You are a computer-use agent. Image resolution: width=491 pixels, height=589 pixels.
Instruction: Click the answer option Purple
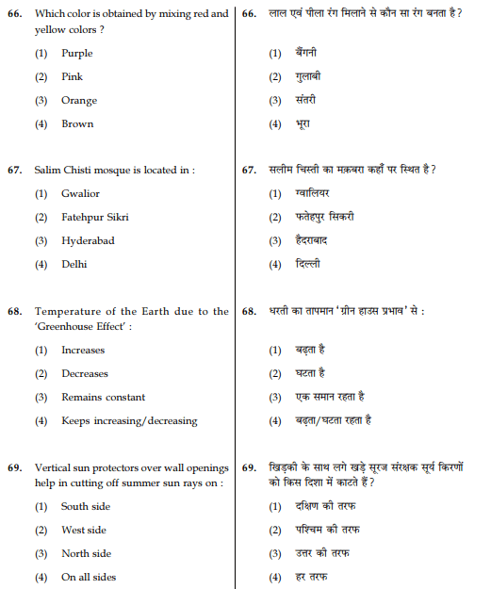click(76, 54)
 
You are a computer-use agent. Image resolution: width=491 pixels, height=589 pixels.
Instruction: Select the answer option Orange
click(79, 101)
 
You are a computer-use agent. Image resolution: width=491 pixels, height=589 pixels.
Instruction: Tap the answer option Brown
click(77, 124)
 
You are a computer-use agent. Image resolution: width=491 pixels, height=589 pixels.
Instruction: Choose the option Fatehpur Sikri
click(95, 218)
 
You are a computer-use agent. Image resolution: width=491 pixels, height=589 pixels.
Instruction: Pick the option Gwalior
click(80, 194)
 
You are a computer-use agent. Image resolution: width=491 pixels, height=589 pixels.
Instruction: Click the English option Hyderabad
click(88, 241)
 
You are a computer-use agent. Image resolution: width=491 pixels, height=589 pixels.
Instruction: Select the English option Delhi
click(74, 265)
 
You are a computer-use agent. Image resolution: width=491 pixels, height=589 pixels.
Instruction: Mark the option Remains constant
click(103, 398)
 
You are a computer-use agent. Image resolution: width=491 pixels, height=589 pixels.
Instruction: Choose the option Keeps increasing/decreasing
click(129, 421)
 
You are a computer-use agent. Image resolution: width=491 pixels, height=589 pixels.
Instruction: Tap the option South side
click(86, 507)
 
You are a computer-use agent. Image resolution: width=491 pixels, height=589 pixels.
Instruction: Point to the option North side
click(86, 554)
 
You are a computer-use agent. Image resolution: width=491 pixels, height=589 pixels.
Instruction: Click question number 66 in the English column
click(15, 14)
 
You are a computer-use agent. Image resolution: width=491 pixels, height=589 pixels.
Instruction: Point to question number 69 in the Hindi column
click(250, 467)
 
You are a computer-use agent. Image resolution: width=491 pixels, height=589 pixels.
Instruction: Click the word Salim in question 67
click(49, 171)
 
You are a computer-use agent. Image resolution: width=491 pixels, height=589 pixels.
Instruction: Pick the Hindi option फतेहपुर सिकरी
click(324, 218)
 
